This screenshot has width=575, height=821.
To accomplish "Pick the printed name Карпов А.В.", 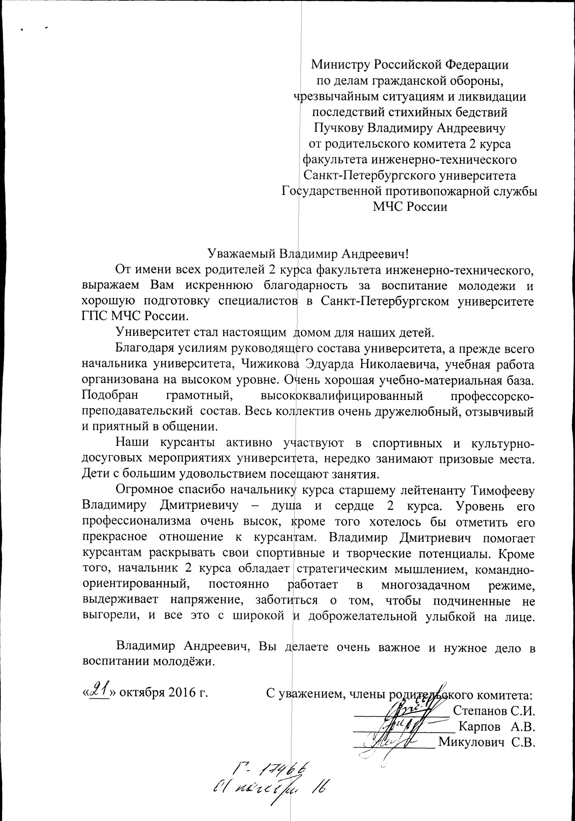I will coord(497,727).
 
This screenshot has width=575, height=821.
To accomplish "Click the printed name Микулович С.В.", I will coord(487,742).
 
